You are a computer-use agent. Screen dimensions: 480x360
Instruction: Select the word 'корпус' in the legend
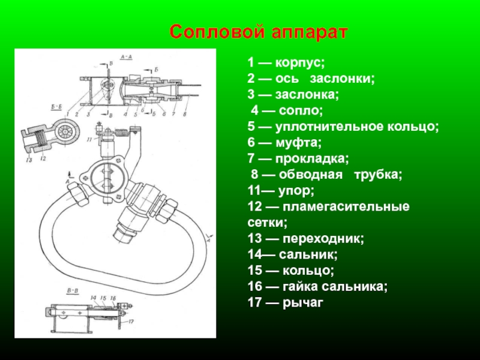click(300, 63)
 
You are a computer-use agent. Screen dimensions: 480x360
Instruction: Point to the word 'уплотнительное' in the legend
click(327, 127)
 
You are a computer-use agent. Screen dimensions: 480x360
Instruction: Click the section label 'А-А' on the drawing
click(127, 56)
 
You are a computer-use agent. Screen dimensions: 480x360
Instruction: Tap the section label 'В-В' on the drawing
click(73, 292)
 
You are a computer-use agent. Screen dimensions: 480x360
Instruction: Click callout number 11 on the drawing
click(88, 140)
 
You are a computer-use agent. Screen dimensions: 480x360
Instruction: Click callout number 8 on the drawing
click(185, 113)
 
